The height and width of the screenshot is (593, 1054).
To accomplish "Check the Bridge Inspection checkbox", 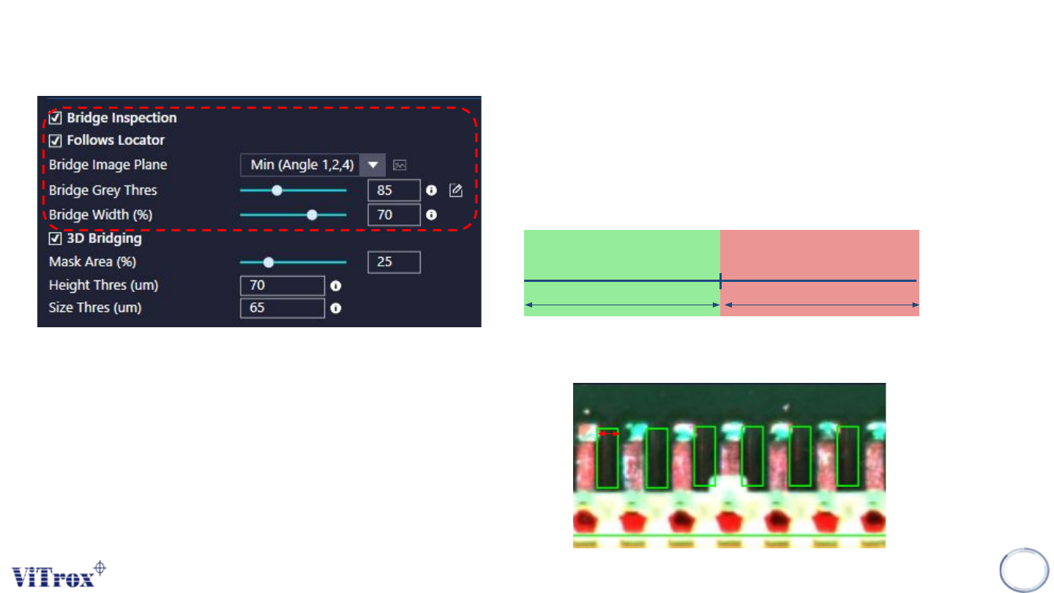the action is tap(55, 118).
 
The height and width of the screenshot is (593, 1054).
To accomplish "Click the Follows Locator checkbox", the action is tap(55, 140).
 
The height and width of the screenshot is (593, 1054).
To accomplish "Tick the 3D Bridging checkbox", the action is tap(55, 239).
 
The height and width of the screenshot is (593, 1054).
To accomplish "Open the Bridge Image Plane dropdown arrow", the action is tap(373, 165).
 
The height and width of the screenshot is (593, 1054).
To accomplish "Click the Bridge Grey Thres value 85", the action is tap(394, 190).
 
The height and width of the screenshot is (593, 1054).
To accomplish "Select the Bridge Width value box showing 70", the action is tap(394, 215).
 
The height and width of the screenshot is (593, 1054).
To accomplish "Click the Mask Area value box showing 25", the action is tap(394, 262).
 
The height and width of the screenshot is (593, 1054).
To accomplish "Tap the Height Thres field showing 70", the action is tap(282, 286).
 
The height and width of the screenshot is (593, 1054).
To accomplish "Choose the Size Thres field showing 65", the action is tap(282, 308).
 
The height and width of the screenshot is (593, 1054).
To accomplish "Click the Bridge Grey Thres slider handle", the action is tap(277, 190).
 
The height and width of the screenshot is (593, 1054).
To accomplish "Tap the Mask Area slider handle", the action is tap(269, 262).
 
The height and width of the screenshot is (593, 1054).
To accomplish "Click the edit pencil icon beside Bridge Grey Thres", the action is tap(456, 190).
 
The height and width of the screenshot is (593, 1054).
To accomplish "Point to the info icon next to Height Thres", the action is tap(336, 286).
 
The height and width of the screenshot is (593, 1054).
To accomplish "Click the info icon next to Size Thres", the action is tap(336, 308).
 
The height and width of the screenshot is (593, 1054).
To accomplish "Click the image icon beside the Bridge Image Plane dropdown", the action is tap(400, 165).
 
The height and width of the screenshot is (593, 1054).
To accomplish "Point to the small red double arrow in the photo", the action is tap(609, 434).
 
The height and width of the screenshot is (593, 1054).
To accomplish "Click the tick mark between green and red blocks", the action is tap(721, 280).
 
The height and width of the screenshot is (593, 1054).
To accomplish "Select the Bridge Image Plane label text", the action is tap(108, 165).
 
